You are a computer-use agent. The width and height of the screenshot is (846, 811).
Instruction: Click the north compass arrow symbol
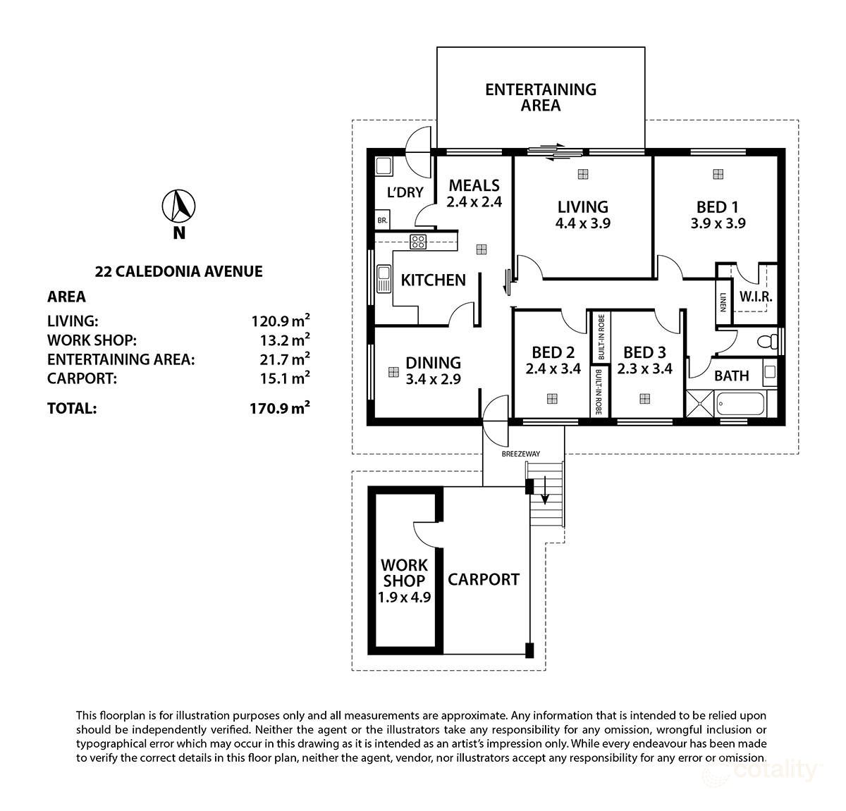click(179, 206)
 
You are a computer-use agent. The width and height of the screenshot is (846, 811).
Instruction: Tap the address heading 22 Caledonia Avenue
click(179, 271)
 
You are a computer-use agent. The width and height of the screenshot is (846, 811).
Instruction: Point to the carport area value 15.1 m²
click(281, 378)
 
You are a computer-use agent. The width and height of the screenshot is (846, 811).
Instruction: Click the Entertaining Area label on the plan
click(541, 97)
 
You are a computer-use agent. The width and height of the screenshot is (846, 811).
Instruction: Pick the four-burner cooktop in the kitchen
click(418, 242)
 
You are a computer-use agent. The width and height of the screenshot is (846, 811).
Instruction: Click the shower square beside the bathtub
click(701, 405)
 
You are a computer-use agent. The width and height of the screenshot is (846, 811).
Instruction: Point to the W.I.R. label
click(756, 297)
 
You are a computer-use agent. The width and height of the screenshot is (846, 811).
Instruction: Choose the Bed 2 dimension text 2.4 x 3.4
click(553, 368)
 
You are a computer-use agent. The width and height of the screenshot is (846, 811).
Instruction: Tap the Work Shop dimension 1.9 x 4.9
click(405, 597)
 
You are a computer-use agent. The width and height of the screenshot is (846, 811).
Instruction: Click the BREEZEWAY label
click(521, 454)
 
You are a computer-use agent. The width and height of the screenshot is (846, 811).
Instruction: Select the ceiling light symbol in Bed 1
click(718, 174)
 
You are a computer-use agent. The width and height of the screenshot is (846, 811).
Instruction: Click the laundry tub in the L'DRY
click(384, 166)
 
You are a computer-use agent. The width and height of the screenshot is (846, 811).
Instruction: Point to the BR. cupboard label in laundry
click(383, 221)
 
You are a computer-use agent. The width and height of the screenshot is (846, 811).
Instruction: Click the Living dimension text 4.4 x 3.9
click(582, 223)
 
